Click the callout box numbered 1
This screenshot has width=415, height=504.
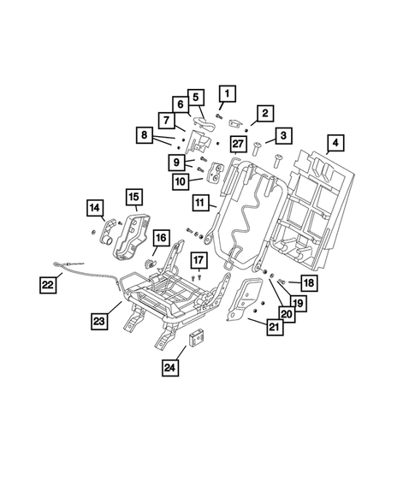pos(227,93)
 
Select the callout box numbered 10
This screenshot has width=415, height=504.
pos(181,181)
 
